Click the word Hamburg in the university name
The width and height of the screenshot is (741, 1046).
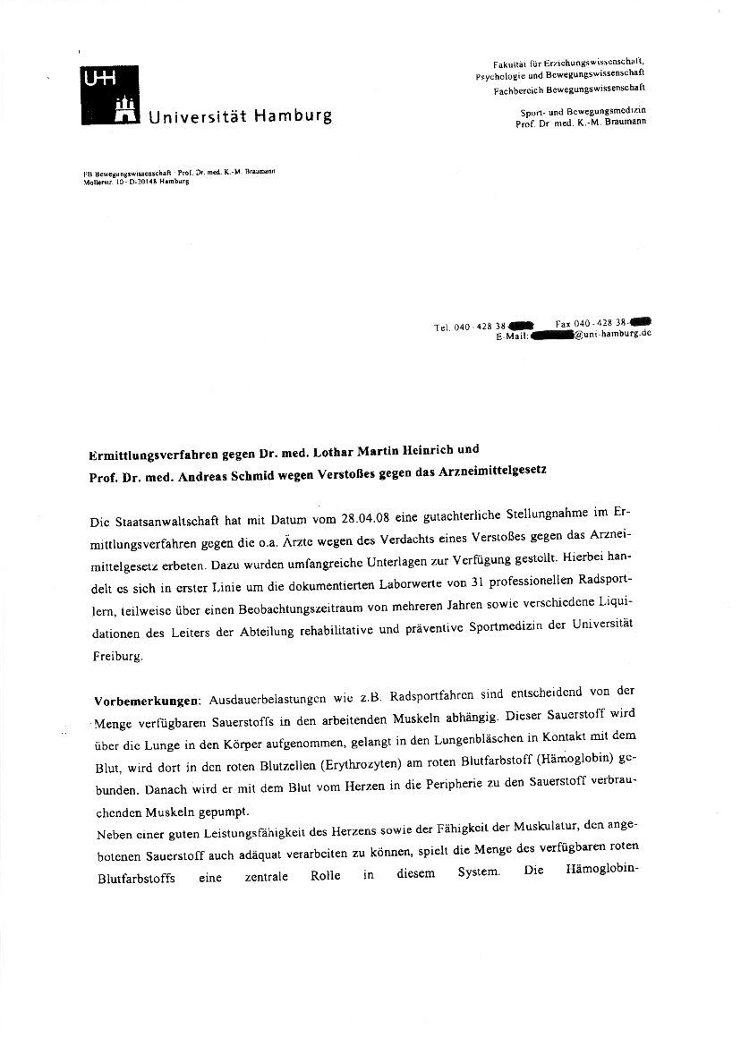(292, 116)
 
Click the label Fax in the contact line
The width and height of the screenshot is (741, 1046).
(563, 323)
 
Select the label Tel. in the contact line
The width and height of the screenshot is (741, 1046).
(442, 328)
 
